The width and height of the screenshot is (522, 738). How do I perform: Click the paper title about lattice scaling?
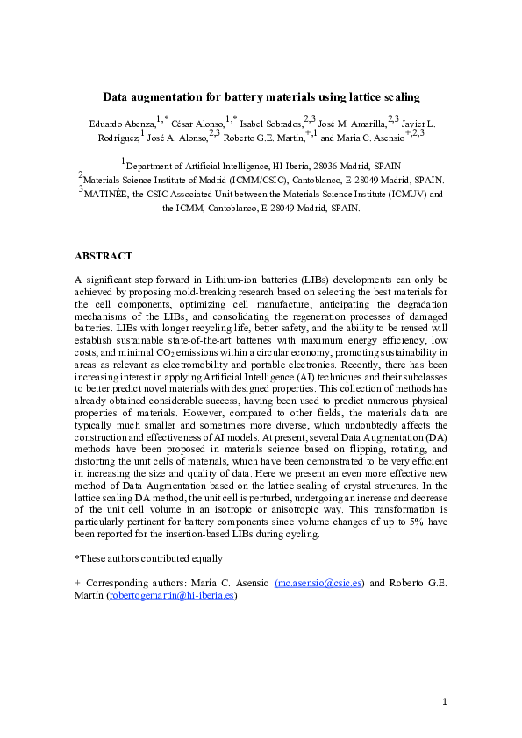(261, 97)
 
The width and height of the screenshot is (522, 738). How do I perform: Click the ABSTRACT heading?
(104, 256)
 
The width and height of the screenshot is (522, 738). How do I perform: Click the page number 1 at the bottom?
(445, 702)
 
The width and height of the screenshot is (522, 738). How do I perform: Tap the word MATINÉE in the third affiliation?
(110, 194)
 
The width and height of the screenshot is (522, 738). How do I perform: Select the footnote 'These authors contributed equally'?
(148, 558)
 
